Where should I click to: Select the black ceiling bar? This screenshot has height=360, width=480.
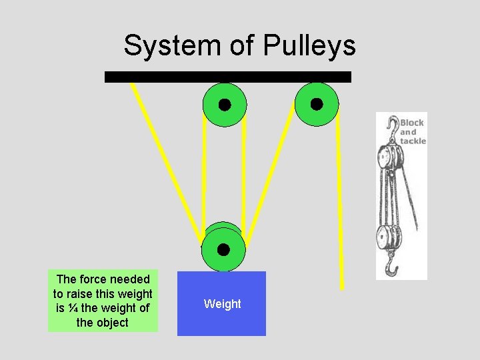point(227,77)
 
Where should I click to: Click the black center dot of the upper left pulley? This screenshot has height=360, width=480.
point(225,105)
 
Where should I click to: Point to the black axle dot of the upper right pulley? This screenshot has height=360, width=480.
point(317,104)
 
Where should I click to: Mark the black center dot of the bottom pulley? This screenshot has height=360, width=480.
point(223,250)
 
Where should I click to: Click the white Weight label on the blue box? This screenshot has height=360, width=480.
point(222,304)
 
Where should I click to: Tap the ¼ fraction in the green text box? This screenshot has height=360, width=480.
point(73,308)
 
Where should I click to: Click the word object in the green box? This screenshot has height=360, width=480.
point(111,323)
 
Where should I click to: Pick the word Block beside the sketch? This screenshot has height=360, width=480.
point(411,123)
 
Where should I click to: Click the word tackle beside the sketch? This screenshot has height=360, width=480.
point(413,141)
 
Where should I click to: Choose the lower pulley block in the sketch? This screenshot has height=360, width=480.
point(386,237)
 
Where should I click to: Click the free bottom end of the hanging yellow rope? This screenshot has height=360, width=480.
point(341,287)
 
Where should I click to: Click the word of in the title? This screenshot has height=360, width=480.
point(242,46)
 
